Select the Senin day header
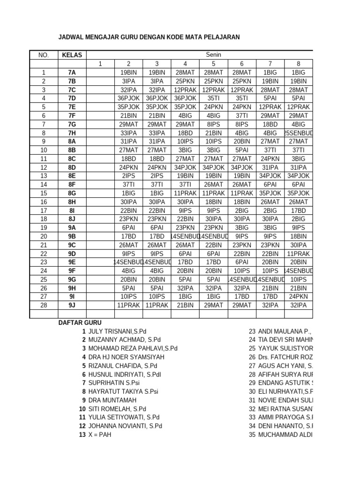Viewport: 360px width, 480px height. (213, 55)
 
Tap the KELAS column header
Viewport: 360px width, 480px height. (72, 55)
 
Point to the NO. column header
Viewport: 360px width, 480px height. (44, 55)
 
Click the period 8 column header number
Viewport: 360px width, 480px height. (298, 64)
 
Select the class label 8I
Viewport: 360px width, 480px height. (72, 210)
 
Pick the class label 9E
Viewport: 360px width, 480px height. (72, 262)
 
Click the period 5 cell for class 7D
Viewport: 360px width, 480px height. (213, 98)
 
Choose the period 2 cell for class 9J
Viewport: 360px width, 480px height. (128, 305)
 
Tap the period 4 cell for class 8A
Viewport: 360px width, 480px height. (185, 142)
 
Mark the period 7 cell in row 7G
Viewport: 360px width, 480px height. (270, 124)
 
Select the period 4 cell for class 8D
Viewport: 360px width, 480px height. (185, 167)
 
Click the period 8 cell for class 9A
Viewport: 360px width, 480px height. (298, 228)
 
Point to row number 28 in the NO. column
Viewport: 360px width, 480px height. (44, 305)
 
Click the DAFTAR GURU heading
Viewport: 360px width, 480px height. (79, 323)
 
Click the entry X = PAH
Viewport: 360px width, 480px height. (100, 435)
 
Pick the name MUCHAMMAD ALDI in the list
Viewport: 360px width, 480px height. (285, 435)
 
